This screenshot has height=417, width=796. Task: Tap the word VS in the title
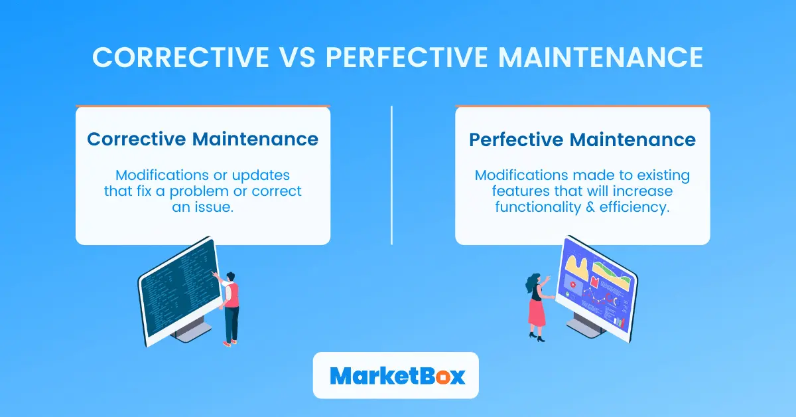tap(292, 58)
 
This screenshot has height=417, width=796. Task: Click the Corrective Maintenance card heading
tap(202, 139)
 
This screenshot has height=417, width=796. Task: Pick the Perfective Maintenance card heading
tap(582, 140)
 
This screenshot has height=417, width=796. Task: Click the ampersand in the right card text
tap(590, 207)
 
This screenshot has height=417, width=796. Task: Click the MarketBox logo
tap(395, 375)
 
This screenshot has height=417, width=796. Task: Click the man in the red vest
tap(230, 303)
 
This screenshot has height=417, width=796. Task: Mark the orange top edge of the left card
tap(202, 106)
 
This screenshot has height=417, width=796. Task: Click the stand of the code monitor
tap(192, 331)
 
